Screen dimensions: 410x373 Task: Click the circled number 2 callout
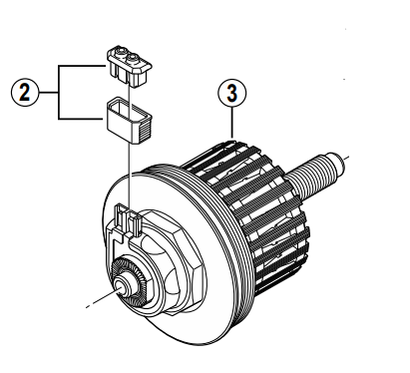click(25, 92)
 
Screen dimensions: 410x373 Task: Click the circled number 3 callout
click(232, 94)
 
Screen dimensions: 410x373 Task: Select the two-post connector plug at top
click(129, 67)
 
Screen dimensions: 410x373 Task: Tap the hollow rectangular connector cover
click(129, 120)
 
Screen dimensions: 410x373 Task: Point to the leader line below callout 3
click(232, 123)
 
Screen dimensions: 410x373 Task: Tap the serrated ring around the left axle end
click(128, 279)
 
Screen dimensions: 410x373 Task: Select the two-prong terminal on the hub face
click(128, 220)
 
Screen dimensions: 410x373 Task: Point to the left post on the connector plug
click(119, 52)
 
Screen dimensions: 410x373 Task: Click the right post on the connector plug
click(133, 59)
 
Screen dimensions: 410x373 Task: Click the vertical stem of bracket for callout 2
click(59, 92)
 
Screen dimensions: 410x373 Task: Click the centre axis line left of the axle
click(102, 298)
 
